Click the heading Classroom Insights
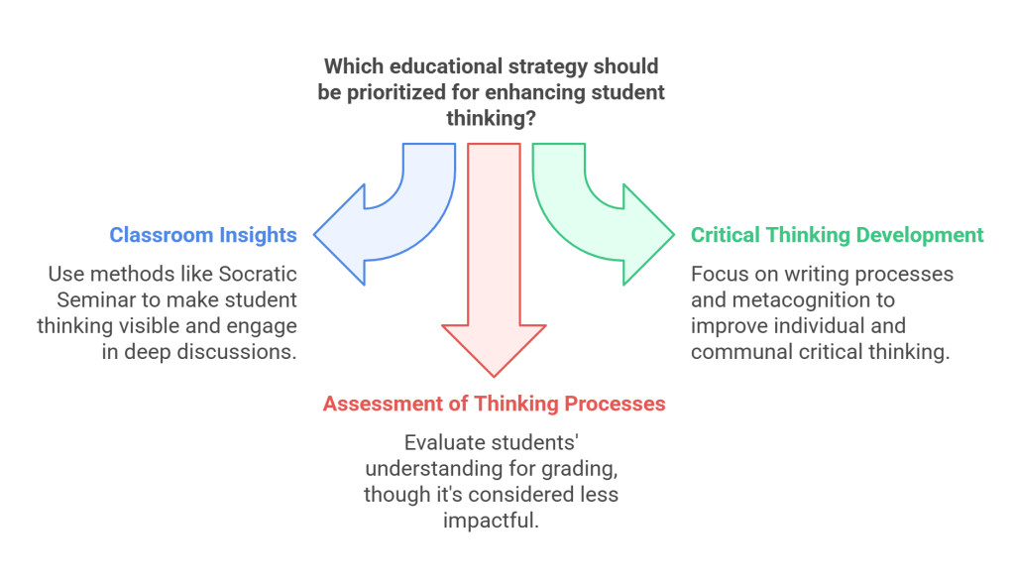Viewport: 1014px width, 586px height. pos(202,235)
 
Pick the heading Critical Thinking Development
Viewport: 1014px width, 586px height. pos(837,235)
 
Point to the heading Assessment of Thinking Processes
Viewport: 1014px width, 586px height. pos(494,405)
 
